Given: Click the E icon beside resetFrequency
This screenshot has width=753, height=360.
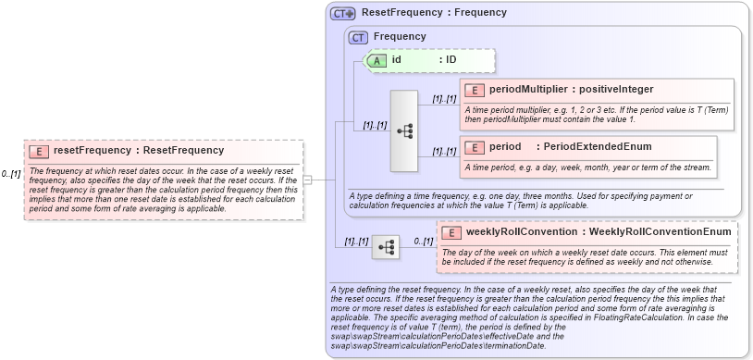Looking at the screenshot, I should coord(39,150).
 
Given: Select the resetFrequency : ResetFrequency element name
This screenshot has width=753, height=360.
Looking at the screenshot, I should coord(139,150).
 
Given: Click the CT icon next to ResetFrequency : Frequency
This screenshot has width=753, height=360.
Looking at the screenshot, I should coord(343,14).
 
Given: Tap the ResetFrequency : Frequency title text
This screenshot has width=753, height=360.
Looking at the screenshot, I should coord(434,13).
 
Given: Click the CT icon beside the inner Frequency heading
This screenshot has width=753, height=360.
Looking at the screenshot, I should coord(358,37).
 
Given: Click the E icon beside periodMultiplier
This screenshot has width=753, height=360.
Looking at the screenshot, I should coord(474,90).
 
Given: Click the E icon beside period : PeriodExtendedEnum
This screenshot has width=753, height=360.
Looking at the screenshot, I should coord(474,147).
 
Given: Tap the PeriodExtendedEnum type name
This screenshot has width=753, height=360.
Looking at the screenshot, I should coord(584,147).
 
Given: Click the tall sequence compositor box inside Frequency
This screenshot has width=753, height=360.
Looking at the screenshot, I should coord(405,130).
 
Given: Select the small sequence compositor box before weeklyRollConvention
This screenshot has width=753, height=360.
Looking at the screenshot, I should coord(386,247).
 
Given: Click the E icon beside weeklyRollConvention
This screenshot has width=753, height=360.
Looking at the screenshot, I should coord(451,231).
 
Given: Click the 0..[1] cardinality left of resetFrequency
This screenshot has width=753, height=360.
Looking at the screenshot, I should coord(11,173).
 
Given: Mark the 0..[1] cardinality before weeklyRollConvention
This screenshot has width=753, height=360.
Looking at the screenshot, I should coord(423,241).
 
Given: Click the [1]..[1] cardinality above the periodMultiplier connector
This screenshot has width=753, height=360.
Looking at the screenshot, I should coord(444,98).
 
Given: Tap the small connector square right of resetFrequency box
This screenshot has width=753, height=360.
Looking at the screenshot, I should coord(307,180).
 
